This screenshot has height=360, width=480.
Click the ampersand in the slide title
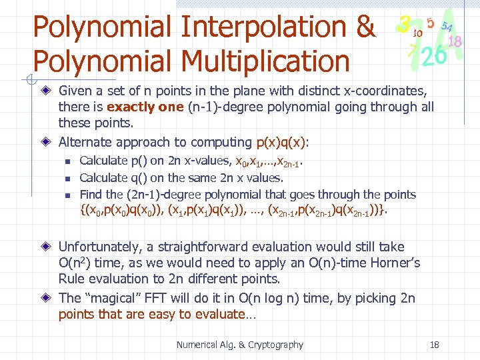coord(365,27)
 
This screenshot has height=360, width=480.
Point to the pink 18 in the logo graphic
coord(456,41)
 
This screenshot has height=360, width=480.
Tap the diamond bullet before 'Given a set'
coord(46,90)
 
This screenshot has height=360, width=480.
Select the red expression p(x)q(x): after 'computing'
coord(283,142)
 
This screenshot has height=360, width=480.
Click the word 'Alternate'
coord(85,142)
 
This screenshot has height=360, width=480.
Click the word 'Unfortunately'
coord(101,247)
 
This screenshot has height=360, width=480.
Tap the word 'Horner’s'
coord(395,263)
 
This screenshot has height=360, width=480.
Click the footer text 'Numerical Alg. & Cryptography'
coord(239,345)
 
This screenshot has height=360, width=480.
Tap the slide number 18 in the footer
coord(434,345)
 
